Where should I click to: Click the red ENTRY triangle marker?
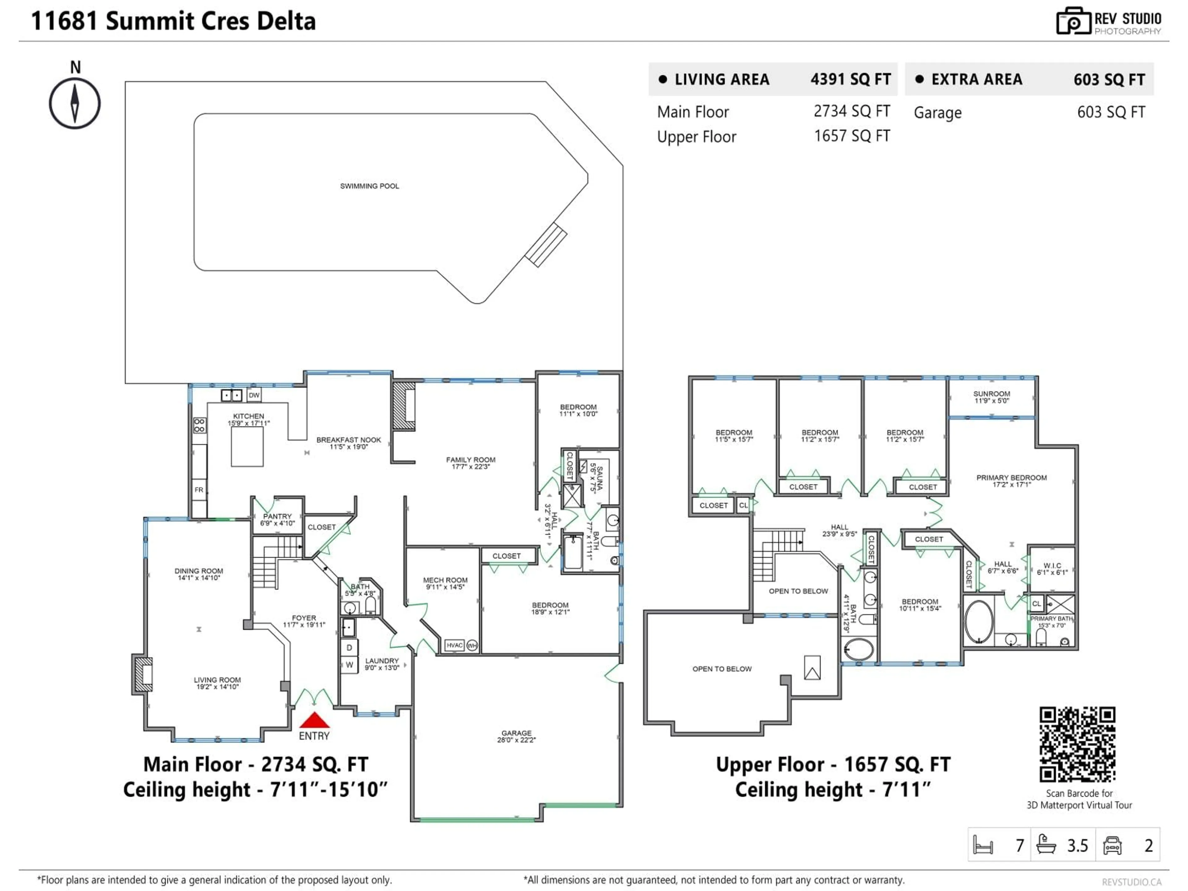pyautogui.click(x=314, y=720)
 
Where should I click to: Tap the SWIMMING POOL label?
pyautogui.click(x=369, y=186)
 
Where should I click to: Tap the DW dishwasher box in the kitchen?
pyautogui.click(x=254, y=395)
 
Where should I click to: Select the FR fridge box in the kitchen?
pyautogui.click(x=199, y=490)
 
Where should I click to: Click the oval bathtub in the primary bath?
pyautogui.click(x=979, y=622)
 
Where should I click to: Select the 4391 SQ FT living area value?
pyautogui.click(x=850, y=80)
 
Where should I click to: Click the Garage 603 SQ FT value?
pyautogui.click(x=1111, y=112)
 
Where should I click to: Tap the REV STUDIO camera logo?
pyautogui.click(x=1073, y=21)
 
